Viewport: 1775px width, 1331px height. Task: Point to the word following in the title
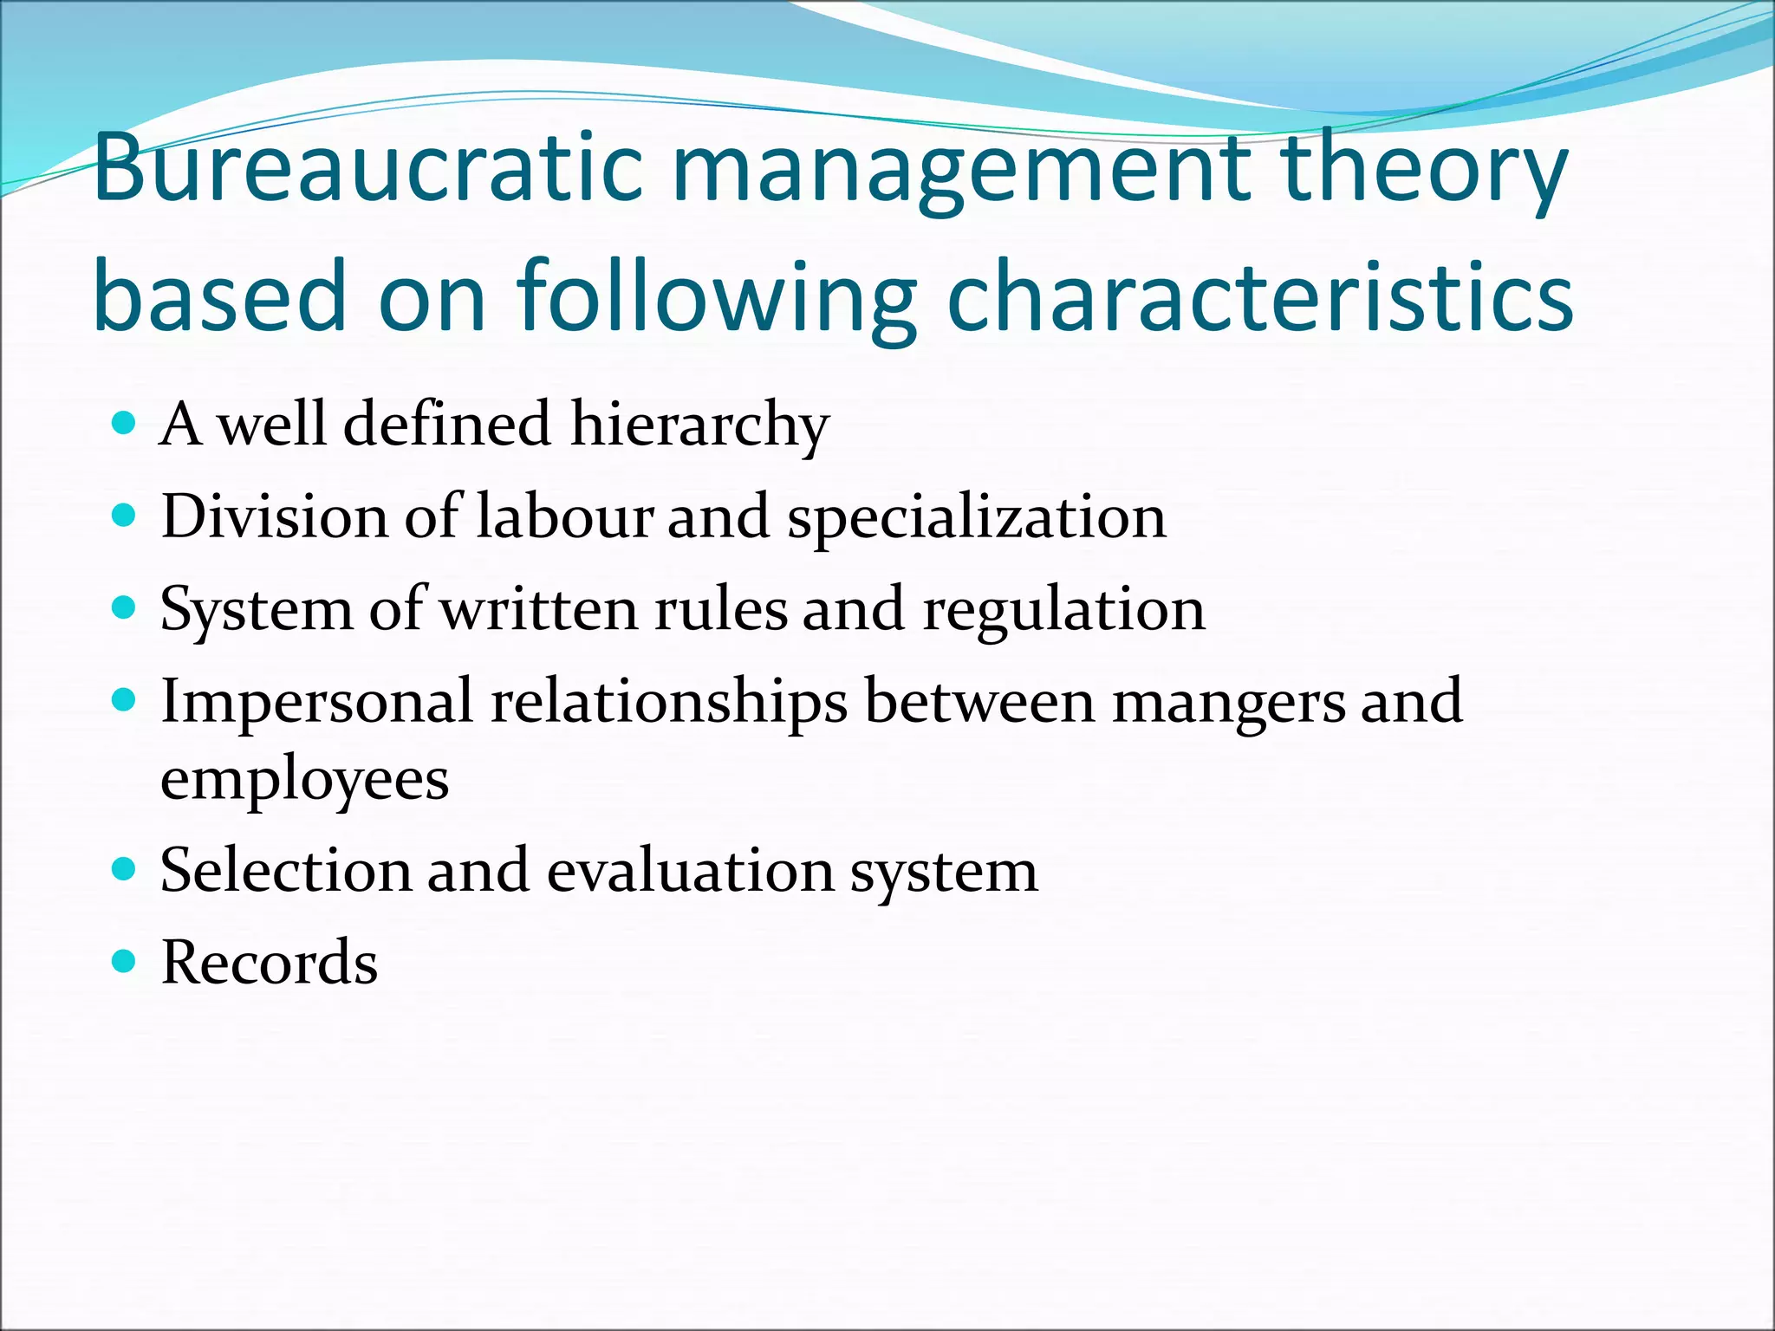716,299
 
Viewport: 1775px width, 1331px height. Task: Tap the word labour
563,516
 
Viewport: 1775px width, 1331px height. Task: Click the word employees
304,780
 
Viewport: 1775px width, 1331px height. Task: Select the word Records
270,963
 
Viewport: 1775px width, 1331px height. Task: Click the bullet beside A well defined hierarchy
125,424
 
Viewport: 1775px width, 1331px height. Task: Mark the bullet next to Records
125,961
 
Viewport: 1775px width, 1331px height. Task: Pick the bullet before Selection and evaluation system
125,869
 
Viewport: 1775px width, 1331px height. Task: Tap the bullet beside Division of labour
125,516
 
